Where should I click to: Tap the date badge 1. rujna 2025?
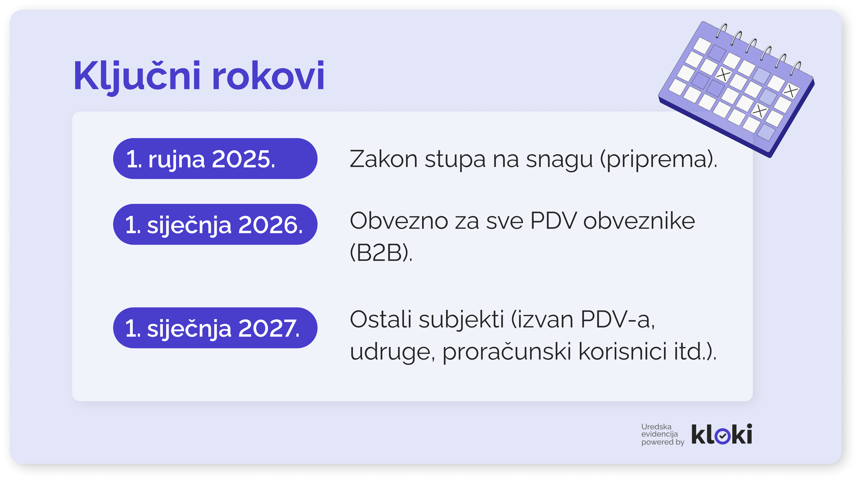click(215, 159)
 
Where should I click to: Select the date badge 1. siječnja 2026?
click(215, 224)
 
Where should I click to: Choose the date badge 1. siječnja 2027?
click(215, 328)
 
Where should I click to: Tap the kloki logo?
click(722, 434)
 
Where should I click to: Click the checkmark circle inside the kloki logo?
click(722, 436)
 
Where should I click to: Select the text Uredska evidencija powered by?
click(662, 434)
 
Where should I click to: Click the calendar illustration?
click(736, 89)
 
